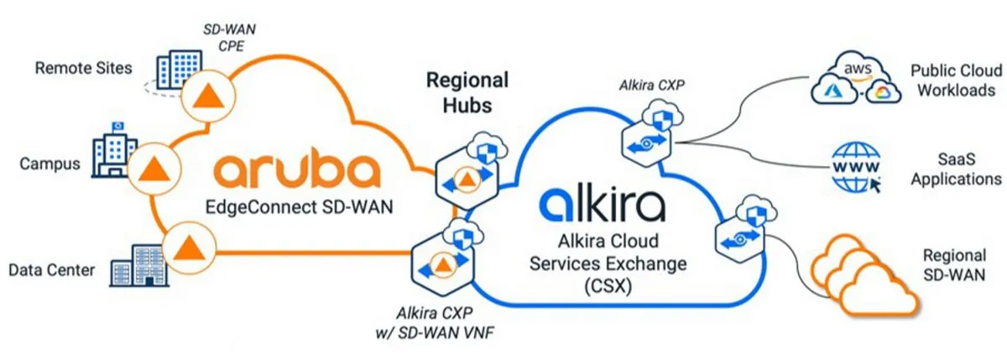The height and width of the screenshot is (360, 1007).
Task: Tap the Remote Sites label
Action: point(83,68)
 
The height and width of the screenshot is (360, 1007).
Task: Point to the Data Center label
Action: point(51,269)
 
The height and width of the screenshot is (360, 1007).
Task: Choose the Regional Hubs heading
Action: point(467,93)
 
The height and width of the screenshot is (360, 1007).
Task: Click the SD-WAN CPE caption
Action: point(223,38)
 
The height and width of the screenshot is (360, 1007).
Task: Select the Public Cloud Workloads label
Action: point(952,81)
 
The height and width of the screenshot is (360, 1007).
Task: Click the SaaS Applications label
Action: point(956,168)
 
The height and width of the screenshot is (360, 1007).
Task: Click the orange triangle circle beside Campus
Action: point(153,166)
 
